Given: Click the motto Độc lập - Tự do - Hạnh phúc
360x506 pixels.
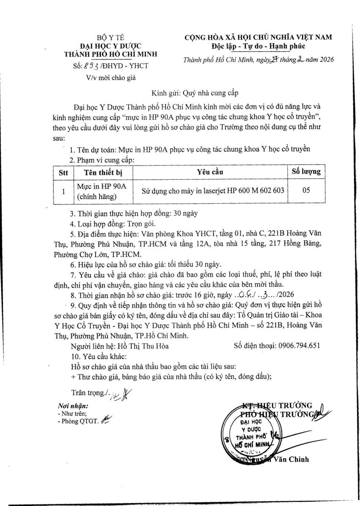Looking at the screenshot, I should pos(259,46).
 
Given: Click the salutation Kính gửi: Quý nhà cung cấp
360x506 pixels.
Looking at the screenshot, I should pos(198,93).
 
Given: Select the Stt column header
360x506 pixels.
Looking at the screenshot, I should pos(63,172).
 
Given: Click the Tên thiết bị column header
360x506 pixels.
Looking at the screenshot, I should pos(103,172).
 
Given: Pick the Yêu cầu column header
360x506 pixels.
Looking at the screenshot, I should pos(210,172).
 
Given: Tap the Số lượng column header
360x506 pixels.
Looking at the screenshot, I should pos(306,171).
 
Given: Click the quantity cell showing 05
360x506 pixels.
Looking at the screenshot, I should pos(306,190).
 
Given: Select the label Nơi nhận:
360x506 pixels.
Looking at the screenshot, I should pos(73,406).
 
